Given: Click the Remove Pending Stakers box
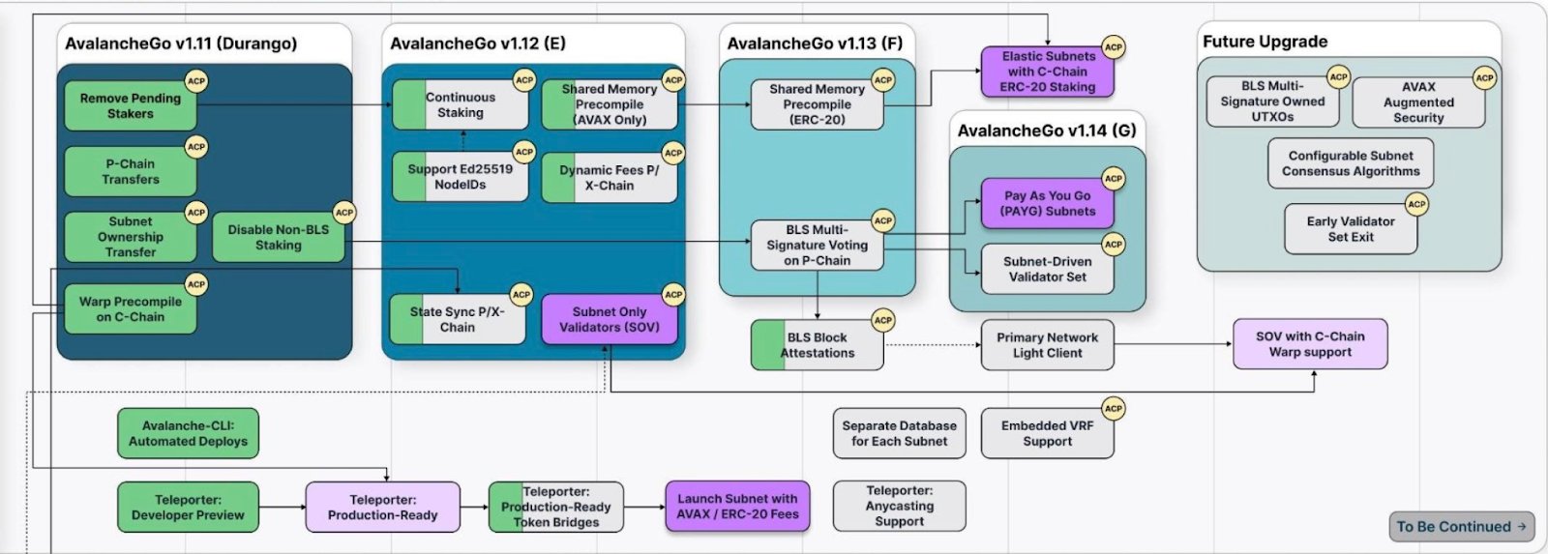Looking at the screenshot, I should click(130, 106).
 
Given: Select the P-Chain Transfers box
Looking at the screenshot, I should click(130, 172).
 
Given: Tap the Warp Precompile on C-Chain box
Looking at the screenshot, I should click(130, 309).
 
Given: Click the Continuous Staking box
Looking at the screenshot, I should click(461, 105).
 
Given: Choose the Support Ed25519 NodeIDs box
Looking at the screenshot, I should click(461, 177).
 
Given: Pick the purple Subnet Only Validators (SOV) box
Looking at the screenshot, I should click(610, 320).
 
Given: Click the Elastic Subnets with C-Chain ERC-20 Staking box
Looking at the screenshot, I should click(1048, 73).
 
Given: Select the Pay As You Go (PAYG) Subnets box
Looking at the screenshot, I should click(1048, 204).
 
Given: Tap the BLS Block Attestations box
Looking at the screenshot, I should click(818, 345).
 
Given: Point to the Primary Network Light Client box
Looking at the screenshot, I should click(1048, 345).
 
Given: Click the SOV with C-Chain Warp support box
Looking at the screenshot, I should click(1310, 344).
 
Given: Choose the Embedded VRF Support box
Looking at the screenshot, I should click(1048, 433).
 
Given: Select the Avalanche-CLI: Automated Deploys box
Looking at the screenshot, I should click(188, 433).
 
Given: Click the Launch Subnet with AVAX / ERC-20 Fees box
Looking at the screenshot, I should click(737, 507).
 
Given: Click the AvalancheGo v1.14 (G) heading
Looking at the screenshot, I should click(1047, 131).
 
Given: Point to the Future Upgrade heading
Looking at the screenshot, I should click(1265, 42).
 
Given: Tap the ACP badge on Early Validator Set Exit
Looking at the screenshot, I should click(1417, 204).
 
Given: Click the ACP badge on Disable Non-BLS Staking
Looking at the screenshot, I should click(344, 212).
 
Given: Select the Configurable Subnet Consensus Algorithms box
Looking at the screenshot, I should click(1351, 163).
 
